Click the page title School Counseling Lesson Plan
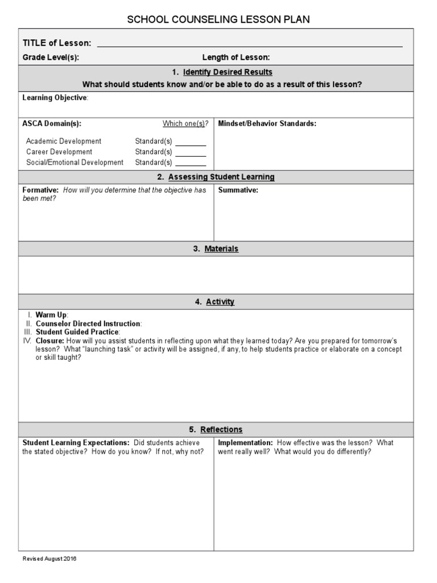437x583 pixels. tap(218, 20)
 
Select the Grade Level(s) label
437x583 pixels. tap(51, 57)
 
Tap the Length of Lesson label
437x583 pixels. tap(236, 57)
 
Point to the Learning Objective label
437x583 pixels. tap(55, 98)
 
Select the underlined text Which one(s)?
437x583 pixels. tap(185, 124)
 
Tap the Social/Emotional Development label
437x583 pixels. tap(75, 162)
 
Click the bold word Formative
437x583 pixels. tap(40, 190)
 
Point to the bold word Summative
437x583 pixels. tap(238, 190)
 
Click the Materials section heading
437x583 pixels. tap(221, 249)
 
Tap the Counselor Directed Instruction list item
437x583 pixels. tap(88, 323)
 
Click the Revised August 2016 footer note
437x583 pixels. tap(50, 559)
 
